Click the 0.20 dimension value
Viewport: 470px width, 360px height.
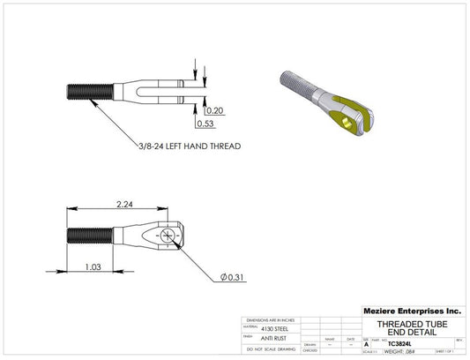214,111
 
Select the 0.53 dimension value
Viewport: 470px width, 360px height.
214,124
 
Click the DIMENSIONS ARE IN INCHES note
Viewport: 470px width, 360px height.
270,319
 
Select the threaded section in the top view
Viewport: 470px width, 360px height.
89,88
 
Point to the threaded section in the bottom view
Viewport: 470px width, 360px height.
89,236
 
